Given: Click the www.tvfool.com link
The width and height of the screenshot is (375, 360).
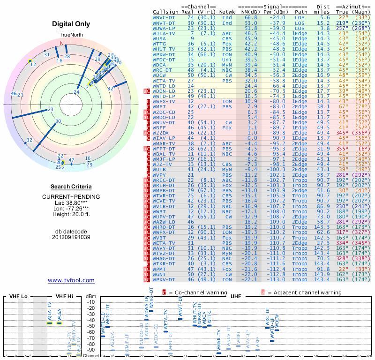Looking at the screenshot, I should tap(71, 280).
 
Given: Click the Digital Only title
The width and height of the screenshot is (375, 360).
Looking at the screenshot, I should tap(71, 24).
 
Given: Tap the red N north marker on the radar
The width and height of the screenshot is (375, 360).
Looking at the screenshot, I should tap(62, 44).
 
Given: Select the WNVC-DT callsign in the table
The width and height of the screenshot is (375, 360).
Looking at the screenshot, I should tap(164, 17).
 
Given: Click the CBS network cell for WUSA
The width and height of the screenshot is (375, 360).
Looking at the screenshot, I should tap(227, 39).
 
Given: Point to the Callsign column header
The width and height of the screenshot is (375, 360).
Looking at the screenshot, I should tap(166, 11).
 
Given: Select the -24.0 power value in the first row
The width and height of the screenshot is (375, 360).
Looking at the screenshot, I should tap(277, 17).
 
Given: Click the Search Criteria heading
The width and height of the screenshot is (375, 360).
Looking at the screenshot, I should tap(71, 187).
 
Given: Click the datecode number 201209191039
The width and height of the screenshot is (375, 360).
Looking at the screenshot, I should tap(71, 237).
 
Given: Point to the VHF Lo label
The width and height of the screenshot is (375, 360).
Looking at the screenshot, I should tap(18, 296).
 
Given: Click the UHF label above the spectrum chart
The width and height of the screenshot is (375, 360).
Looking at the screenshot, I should tap(236, 296).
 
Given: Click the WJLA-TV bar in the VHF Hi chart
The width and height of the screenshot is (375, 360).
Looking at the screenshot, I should tap(50, 323).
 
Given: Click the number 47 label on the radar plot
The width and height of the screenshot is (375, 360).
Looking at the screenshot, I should tap(71, 160).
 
